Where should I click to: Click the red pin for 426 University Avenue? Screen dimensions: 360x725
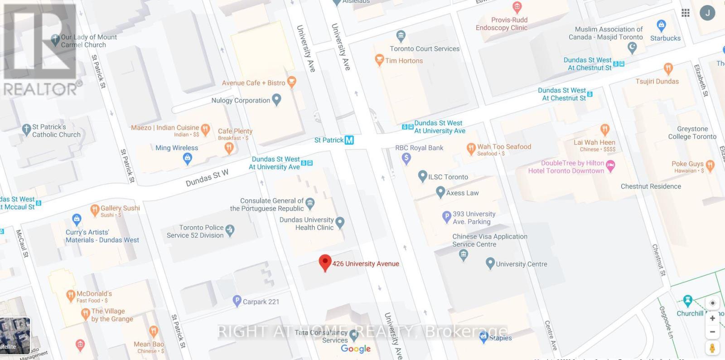[324, 263]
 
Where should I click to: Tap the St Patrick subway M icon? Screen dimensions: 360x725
[349, 140]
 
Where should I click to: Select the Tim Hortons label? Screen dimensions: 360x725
[404, 61]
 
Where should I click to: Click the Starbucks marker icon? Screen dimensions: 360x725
[661, 25]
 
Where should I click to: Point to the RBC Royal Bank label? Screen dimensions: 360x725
[419, 148]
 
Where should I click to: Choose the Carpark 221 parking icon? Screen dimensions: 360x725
[237, 301]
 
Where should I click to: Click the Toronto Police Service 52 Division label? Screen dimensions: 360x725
[195, 231]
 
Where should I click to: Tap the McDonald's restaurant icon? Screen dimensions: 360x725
[70, 296]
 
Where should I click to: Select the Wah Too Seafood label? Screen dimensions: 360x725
[504, 147]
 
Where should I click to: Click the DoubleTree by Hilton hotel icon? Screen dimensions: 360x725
[610, 166]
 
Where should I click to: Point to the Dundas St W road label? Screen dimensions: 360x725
[207, 178]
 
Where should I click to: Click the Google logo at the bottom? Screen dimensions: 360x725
[356, 349]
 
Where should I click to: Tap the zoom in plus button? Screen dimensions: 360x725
[712, 318]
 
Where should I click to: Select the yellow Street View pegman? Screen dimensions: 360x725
[712, 348]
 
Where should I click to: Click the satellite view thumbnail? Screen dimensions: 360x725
[15, 336]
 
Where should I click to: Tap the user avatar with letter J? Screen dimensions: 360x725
[707, 13]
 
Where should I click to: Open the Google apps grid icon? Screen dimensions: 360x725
[686, 13]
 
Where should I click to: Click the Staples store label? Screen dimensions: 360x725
[500, 338]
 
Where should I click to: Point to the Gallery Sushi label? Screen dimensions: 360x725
[120, 208]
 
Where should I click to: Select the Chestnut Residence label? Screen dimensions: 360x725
[651, 186]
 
